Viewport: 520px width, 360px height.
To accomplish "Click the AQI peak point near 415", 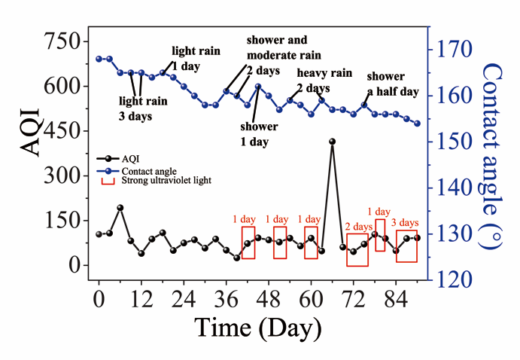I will tap(332, 142).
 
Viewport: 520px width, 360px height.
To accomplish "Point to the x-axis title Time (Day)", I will tap(259, 328).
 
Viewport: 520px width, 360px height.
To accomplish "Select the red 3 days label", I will tap(405, 222).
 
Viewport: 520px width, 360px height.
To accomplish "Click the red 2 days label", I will tap(359, 226).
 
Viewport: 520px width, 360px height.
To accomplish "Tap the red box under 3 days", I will tap(406, 246).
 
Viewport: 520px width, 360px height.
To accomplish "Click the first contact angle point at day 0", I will tap(99, 59).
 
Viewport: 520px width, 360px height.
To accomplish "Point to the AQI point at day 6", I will tap(120, 207).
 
